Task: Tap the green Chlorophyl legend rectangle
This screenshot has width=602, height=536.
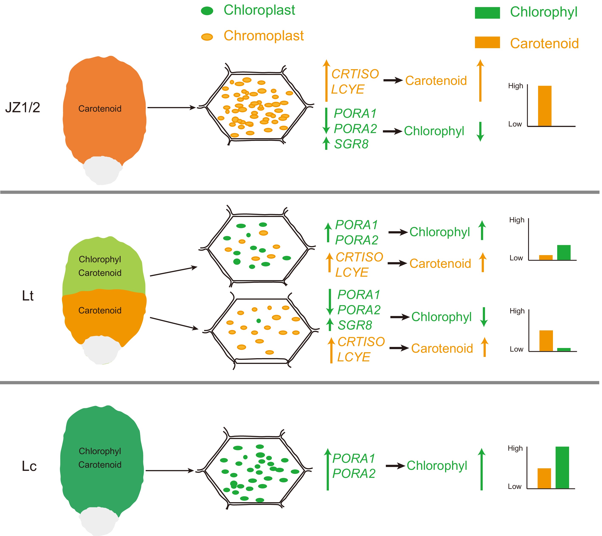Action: click(487, 13)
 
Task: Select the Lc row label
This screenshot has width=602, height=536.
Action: click(29, 466)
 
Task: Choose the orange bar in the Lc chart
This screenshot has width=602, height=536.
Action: click(544, 478)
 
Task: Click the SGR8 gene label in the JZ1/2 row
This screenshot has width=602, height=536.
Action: click(351, 144)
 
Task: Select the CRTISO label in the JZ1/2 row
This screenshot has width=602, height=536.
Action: click(355, 74)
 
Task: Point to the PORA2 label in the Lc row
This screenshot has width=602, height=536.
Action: click(354, 474)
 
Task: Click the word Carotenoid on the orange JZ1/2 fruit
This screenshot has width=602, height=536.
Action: click(100, 109)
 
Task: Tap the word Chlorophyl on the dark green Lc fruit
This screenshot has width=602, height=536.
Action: click(100, 451)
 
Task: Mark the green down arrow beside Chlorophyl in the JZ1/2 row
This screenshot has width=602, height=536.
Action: click(480, 131)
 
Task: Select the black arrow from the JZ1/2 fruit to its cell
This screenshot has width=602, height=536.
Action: click(171, 108)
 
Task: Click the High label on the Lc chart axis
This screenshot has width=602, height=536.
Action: click(515, 448)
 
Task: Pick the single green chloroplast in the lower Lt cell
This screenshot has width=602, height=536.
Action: click(258, 321)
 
